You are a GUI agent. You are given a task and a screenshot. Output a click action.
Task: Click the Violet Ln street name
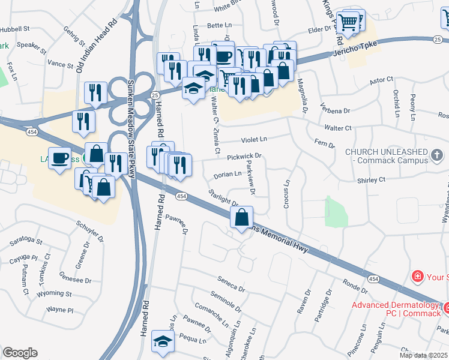pos(254,140)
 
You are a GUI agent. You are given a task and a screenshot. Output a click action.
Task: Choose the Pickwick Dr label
pos(245,157)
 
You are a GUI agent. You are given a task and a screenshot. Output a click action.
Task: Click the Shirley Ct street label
pos(370,179)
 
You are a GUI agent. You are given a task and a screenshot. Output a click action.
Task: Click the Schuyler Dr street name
pos(91,230)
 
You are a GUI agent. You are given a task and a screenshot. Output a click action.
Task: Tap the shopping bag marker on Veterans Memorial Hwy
pos(242,218)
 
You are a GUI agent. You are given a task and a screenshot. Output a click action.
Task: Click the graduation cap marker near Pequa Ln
pos(162,341)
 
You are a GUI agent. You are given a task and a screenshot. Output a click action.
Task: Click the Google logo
pos(20,353)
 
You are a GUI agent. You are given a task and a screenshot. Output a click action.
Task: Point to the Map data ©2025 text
pos(423,355)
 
